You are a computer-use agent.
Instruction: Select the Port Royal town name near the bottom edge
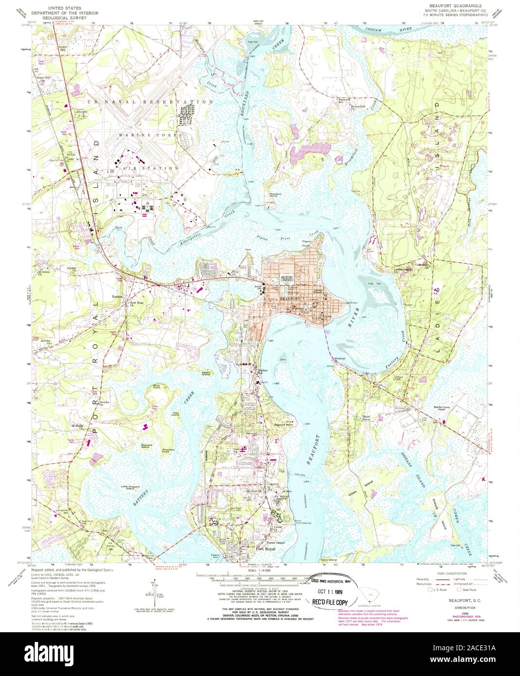tap(266, 550)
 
